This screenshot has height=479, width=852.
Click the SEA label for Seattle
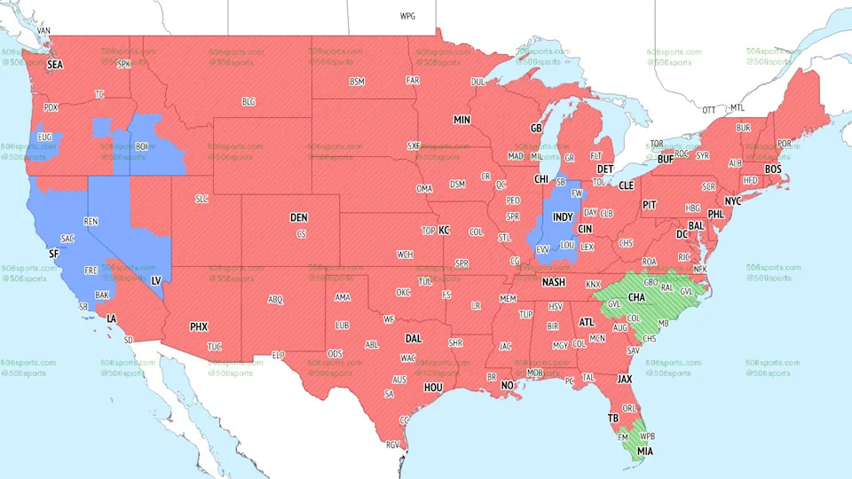[55, 65]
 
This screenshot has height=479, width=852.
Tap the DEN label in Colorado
[299, 217]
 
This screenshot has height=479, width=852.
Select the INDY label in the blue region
[562, 216]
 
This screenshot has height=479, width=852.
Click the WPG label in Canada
[407, 16]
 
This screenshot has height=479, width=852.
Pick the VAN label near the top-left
[44, 30]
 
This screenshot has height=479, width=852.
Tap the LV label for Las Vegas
[156, 280]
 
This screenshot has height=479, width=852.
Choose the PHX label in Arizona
[199, 326]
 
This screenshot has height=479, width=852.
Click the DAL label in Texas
[414, 338]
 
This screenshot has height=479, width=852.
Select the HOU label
[433, 387]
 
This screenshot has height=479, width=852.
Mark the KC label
[444, 231]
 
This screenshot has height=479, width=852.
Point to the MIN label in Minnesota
[461, 120]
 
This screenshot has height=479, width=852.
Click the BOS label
[773, 169]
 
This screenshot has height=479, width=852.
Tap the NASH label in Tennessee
[554, 282]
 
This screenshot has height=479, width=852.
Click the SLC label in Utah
[201, 199]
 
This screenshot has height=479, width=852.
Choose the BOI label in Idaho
[141, 146]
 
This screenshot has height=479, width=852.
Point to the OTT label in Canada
[709, 110]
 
